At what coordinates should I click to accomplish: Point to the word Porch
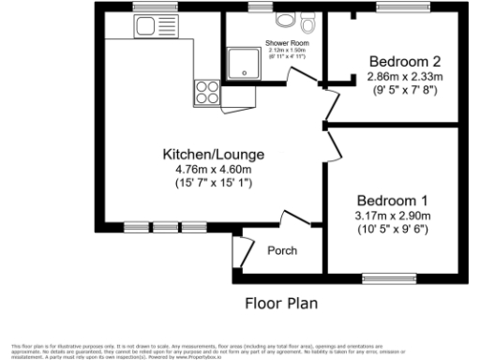[x=283, y=250]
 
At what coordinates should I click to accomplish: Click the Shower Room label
[x=287, y=44]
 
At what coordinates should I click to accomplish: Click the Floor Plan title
[x=281, y=303]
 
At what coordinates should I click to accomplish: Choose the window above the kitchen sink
[x=149, y=8]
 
